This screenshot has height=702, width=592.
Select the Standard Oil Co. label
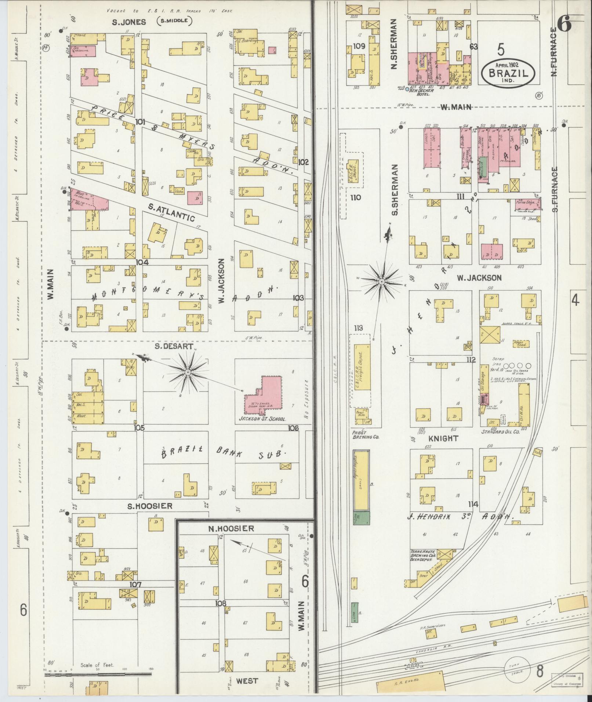(x=501, y=432)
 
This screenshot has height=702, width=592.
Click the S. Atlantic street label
(x=171, y=212)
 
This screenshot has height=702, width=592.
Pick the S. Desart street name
(x=168, y=346)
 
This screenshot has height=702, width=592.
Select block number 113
(x=358, y=328)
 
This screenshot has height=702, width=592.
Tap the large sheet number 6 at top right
(x=564, y=25)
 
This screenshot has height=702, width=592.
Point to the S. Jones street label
(x=129, y=22)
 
